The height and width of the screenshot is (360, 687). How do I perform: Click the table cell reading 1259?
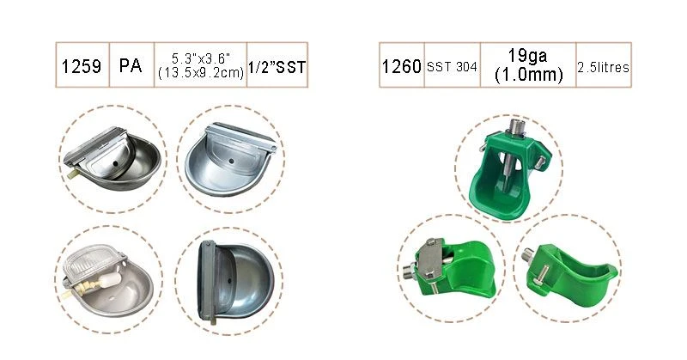click(82, 65)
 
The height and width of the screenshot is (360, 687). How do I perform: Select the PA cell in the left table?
click(132, 65)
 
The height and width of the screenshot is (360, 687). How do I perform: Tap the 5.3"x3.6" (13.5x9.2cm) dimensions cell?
click(201, 65)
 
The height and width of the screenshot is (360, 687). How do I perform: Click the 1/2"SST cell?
click(277, 65)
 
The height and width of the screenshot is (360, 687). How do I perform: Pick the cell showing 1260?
click(402, 65)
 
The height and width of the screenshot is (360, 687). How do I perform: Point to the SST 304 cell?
click(453, 65)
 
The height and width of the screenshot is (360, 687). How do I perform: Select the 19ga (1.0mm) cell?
click(528, 65)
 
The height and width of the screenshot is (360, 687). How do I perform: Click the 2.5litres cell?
click(604, 65)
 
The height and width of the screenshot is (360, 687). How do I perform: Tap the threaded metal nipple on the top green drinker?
click(516, 126)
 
